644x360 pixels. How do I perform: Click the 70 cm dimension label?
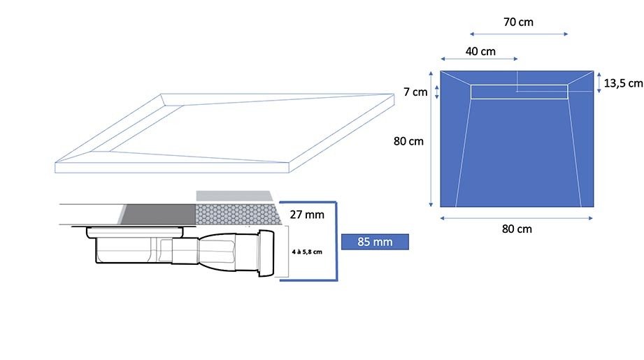pos(518,22)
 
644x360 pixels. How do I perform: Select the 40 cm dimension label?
pos(480,52)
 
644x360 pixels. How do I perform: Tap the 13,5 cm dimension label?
pos(623,83)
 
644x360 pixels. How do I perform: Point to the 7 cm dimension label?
pos(415,92)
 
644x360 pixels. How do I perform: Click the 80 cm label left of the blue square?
pos(408,141)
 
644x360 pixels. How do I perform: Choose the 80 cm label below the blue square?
pos(517,229)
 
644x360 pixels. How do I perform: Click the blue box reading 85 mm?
pos(375,242)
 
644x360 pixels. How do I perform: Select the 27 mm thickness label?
pos(307,215)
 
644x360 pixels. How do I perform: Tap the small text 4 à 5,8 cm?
pos(307,252)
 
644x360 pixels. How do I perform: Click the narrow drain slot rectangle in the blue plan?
pos(519,92)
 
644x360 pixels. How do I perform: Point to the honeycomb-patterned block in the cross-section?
pos(238,214)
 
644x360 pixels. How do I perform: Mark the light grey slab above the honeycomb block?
pos(234,196)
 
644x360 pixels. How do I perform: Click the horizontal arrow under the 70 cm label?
pos(519,34)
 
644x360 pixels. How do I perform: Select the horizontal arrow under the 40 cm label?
pos(479,59)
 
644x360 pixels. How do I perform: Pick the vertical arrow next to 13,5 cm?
pos(599,82)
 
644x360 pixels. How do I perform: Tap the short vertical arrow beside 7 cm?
pos(436,92)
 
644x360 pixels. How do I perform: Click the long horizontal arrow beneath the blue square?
pos(516,218)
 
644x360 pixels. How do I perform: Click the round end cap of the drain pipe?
pos(266,253)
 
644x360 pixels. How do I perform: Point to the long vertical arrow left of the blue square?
pos(431,138)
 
